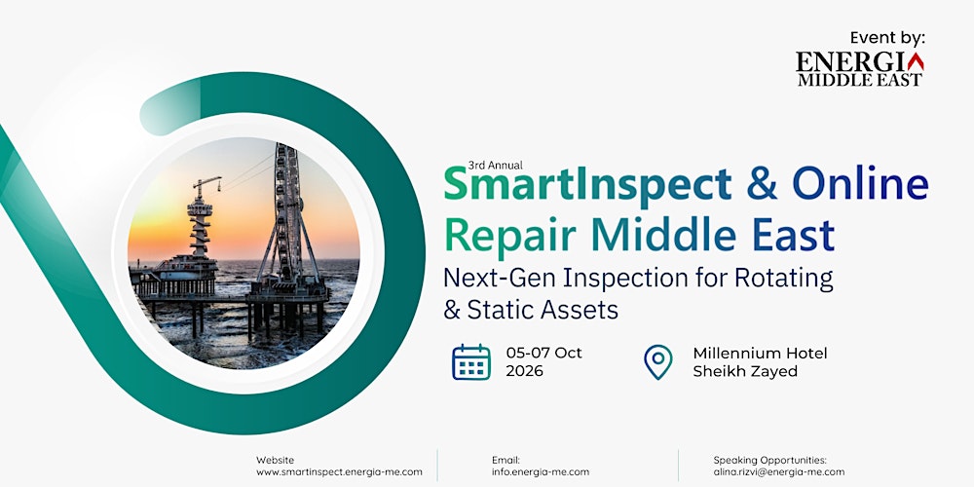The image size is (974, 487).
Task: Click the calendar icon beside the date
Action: click(471, 362)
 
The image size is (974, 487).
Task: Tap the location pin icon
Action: click(658, 362)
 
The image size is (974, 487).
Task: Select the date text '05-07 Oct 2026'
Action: click(543, 362)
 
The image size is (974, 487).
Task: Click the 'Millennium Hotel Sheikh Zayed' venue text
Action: click(760, 362)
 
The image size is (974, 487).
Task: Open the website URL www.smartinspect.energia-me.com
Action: click(339, 471)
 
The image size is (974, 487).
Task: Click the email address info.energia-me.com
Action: click(541, 471)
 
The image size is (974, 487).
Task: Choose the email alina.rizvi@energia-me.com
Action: click(779, 471)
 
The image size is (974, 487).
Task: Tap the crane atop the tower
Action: click(206, 185)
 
